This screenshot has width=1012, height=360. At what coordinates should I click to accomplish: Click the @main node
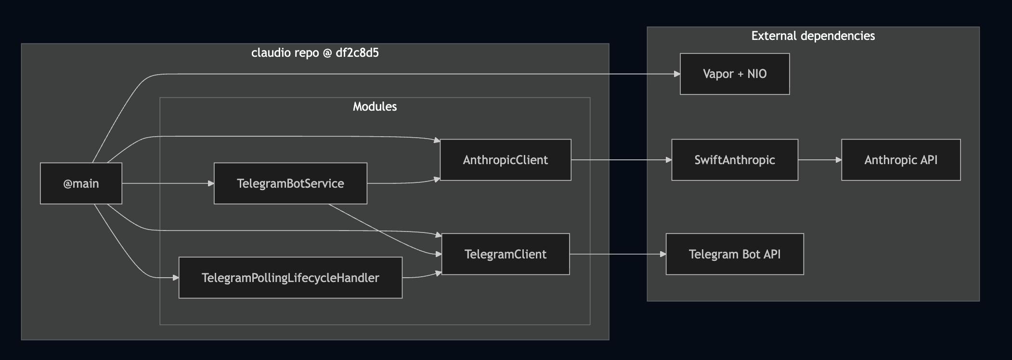[x=81, y=183]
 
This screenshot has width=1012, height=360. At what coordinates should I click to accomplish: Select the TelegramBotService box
[x=290, y=183]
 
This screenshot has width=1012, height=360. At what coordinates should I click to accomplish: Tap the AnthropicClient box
[x=506, y=160]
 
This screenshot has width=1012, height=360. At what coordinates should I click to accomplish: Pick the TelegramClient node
[x=506, y=254]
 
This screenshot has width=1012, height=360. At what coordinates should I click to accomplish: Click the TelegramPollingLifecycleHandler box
[x=290, y=278]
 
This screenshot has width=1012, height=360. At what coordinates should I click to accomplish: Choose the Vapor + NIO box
[x=735, y=74]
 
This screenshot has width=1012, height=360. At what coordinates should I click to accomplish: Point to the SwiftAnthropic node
[x=735, y=160]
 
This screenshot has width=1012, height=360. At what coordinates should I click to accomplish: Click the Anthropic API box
[x=901, y=160]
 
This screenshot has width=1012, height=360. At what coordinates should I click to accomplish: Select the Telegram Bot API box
[x=735, y=254]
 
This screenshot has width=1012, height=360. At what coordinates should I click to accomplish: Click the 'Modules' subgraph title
[x=375, y=106]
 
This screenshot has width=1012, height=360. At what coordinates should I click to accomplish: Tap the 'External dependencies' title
[x=813, y=36]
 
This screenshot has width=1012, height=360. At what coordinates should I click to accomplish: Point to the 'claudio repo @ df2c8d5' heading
[x=315, y=52]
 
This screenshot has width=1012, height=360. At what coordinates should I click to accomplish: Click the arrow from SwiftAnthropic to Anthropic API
[x=819, y=160]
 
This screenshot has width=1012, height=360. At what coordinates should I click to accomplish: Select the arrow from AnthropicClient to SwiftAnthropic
[x=621, y=160]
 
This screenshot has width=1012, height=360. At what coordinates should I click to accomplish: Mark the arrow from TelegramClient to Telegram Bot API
[x=618, y=254]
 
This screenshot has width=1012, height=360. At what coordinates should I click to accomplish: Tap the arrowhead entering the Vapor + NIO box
[x=677, y=74]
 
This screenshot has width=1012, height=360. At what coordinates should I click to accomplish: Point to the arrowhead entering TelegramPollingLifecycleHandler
[x=176, y=278]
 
